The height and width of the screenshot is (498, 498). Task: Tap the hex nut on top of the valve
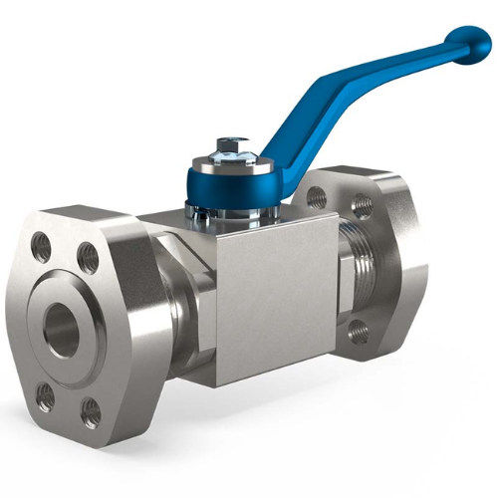click(229, 146)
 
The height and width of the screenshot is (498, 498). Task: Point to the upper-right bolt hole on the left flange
click(88, 255)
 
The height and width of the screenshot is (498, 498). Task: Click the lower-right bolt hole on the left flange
click(91, 409)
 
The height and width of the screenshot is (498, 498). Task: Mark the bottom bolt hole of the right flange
click(359, 332)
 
